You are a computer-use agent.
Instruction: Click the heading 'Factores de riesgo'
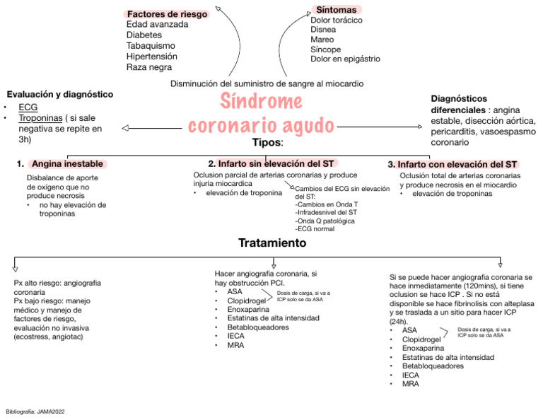click(x=167, y=13)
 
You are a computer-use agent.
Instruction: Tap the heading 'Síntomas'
click(x=336, y=9)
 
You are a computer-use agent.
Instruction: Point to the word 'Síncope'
click(x=326, y=49)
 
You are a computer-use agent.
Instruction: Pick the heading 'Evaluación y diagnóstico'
click(x=59, y=94)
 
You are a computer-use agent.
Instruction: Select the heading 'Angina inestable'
click(x=68, y=163)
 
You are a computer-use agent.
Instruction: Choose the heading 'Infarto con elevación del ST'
click(x=457, y=163)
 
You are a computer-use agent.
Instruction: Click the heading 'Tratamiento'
click(x=272, y=243)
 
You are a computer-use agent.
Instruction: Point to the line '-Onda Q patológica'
click(x=325, y=221)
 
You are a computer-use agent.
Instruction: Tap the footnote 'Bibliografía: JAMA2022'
click(x=35, y=411)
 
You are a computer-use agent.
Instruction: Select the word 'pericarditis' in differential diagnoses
click(x=456, y=132)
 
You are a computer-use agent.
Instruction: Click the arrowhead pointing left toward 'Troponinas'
click(x=126, y=128)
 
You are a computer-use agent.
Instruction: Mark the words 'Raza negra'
click(x=148, y=67)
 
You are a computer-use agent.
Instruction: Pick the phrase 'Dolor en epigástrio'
click(x=345, y=59)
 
